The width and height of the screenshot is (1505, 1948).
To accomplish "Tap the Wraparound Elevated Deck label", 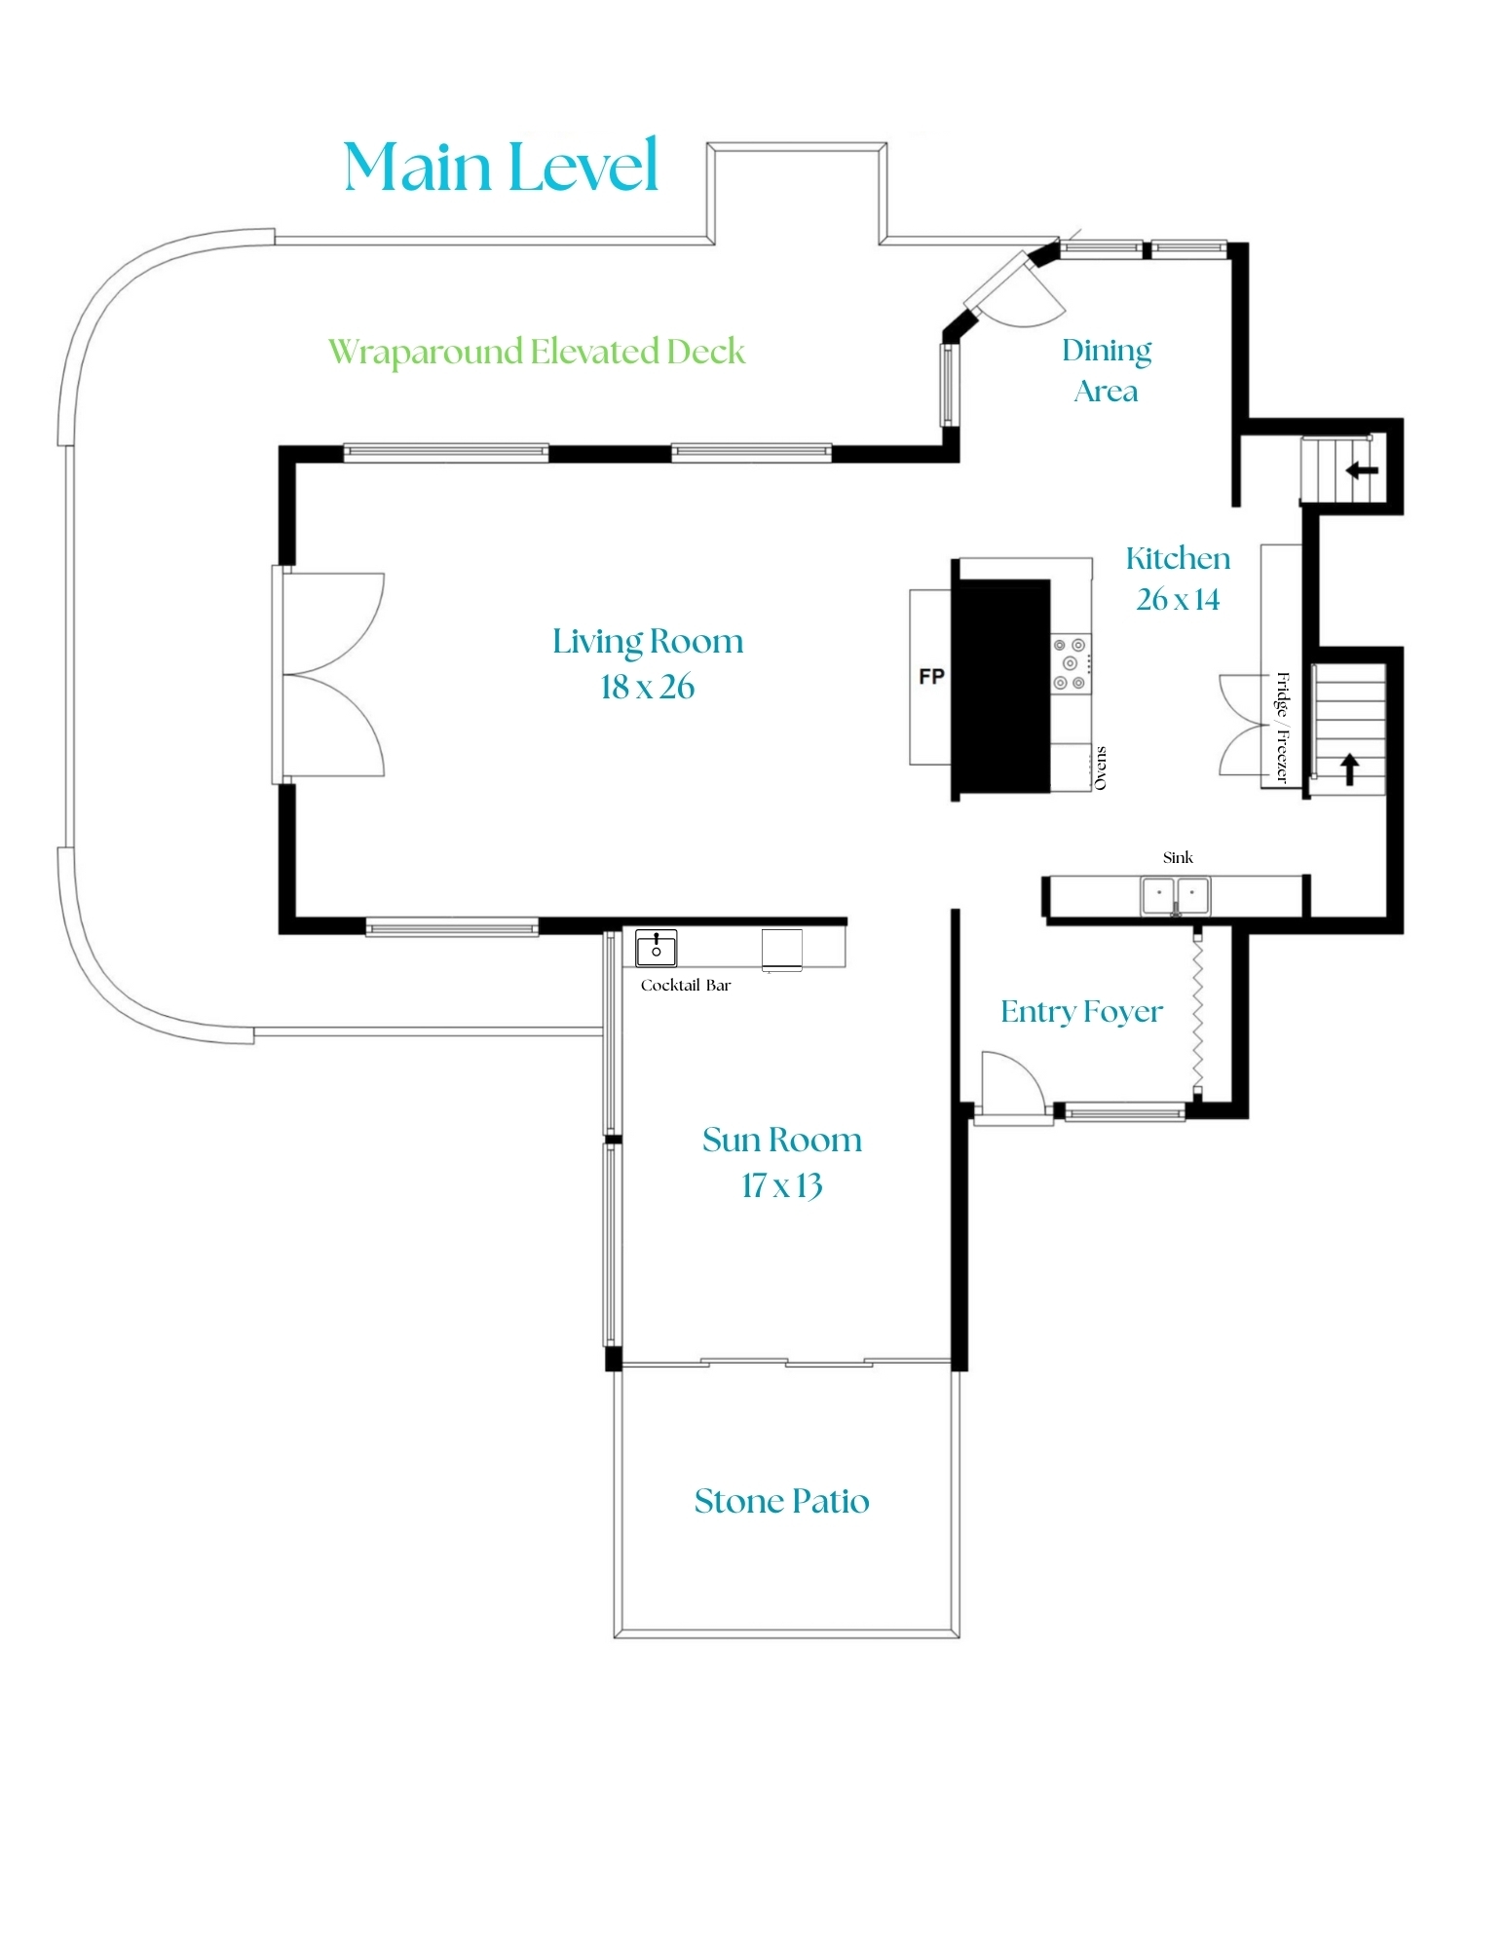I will click(x=536, y=352).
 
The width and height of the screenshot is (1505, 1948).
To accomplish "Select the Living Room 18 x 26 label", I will click(x=648, y=663).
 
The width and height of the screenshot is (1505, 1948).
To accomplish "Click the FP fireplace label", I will click(x=931, y=676).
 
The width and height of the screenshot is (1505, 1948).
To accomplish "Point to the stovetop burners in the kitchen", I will click(x=1070, y=663).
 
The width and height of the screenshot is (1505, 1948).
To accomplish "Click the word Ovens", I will click(x=1101, y=768).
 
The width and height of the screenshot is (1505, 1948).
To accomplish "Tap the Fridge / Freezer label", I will click(x=1282, y=728).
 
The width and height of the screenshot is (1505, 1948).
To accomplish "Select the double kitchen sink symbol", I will click(x=1176, y=894).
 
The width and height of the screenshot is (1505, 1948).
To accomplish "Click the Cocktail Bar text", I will click(x=685, y=985).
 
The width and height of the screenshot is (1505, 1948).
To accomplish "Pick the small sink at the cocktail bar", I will click(x=656, y=947).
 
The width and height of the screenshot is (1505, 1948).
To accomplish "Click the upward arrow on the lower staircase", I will click(x=1349, y=769).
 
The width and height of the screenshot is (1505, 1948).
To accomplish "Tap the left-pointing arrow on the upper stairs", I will click(x=1362, y=470).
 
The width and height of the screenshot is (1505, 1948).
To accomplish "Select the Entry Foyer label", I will click(x=1081, y=1012).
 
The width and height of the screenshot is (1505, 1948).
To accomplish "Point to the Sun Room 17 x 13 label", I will click(x=782, y=1162).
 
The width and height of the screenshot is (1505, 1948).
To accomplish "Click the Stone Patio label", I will click(x=781, y=1501).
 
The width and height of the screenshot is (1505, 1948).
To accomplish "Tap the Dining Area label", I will click(x=1107, y=370).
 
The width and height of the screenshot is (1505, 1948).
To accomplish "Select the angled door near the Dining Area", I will click(x=1018, y=289).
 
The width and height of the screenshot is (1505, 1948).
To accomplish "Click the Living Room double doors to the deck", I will click(x=331, y=674).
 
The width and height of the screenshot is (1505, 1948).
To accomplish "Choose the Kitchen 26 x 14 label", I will click(x=1178, y=579).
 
